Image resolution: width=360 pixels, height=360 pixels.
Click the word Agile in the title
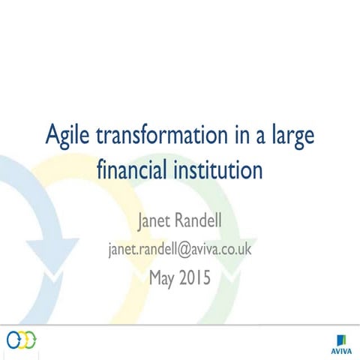(x=68, y=137)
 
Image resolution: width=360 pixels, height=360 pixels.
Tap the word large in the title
(x=290, y=138)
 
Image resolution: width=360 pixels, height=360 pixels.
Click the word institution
(x=220, y=169)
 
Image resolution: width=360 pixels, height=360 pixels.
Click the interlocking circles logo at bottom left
(x=22, y=340)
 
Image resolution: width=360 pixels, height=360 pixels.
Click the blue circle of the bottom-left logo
(x=13, y=340)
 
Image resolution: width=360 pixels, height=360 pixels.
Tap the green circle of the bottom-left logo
(x=32, y=340)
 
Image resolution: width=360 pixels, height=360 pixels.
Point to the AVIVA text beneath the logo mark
(x=339, y=349)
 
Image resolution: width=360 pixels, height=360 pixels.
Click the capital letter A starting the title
(x=53, y=137)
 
